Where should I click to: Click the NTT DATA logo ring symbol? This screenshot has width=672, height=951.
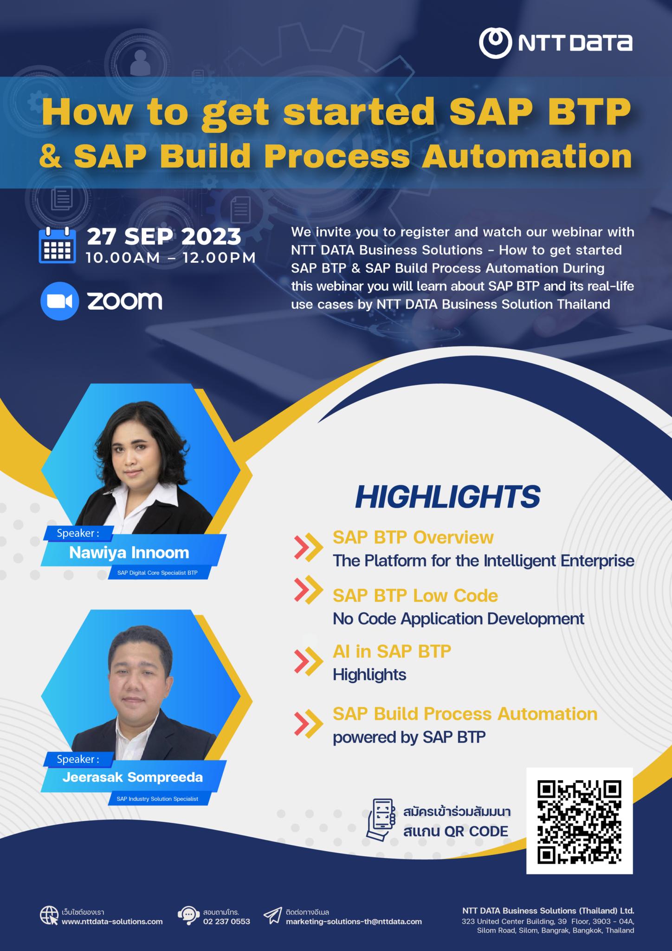(495, 43)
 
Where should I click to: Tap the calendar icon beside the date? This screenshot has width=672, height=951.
(57, 246)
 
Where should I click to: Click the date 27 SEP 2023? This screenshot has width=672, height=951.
(164, 236)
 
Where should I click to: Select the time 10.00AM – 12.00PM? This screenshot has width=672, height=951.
(170, 258)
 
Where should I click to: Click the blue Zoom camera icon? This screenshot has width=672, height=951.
(59, 301)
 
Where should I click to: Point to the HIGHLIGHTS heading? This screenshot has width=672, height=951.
(447, 497)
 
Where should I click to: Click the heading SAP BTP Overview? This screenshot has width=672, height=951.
(413, 537)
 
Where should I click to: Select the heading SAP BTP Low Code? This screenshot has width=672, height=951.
(415, 595)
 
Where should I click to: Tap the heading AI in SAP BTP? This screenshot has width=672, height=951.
(392, 651)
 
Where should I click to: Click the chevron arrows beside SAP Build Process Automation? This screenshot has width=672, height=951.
(308, 723)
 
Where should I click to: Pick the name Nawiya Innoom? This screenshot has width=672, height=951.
(129, 553)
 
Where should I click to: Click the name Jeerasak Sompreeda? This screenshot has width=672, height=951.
(133, 777)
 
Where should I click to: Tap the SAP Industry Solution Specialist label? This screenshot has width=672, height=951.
(157, 799)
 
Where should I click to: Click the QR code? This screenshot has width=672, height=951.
(579, 821)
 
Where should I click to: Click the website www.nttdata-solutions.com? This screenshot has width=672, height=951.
(112, 921)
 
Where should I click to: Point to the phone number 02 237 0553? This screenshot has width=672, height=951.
(226, 921)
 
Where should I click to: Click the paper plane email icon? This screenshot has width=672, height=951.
(273, 915)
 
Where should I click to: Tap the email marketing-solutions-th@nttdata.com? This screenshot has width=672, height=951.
(354, 921)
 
